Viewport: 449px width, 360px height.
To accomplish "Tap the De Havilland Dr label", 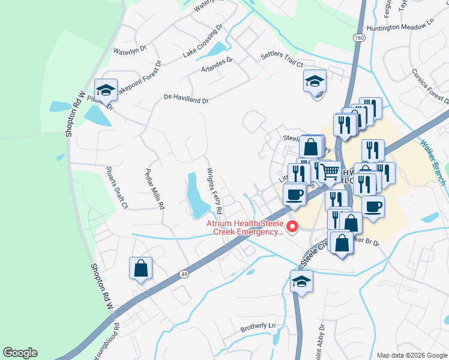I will [x=185, y=98].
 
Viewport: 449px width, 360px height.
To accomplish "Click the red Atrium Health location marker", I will [x=293, y=226].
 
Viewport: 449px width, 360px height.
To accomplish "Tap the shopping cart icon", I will [x=329, y=172].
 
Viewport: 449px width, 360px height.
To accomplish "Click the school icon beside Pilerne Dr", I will [x=106, y=91].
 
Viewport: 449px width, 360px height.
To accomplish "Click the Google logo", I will [x=20, y=353].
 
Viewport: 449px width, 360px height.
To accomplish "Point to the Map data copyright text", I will [x=411, y=355].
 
